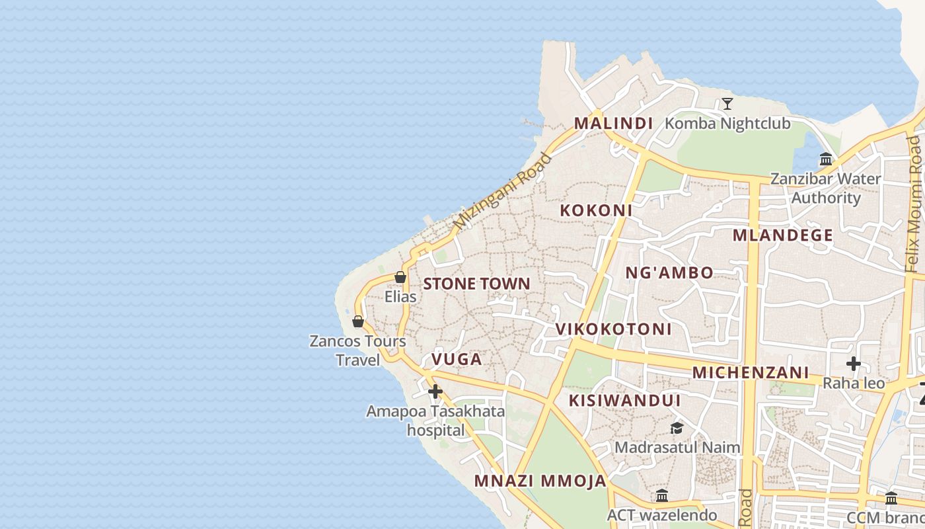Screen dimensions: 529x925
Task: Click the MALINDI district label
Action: [613, 123]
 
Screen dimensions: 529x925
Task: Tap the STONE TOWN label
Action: [476, 284]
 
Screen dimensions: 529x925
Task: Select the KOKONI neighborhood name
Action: [596, 210]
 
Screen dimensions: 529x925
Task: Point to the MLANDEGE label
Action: [783, 235]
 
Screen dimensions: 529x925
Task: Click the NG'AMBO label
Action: [669, 272]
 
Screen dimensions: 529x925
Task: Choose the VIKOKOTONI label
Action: [613, 329]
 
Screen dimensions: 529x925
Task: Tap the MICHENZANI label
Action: [751, 372]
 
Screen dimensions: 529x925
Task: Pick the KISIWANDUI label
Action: [624, 400]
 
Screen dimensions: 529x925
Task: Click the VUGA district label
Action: [457, 359]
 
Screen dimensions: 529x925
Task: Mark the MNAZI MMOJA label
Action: [540, 481]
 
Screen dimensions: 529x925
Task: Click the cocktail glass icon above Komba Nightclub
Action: [727, 104]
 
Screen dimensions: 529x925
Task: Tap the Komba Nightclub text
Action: [727, 124]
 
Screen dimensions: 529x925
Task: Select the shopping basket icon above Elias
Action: [400, 277]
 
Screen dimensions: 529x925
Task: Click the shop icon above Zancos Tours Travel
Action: [358, 321]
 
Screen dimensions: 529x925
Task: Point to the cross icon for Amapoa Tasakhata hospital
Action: [435, 391]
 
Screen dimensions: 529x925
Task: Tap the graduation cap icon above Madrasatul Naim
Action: [677, 428]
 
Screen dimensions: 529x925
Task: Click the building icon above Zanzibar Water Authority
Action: [826, 159]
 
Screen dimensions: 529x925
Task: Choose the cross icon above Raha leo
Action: [854, 364]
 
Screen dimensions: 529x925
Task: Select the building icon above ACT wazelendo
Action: [662, 496]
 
